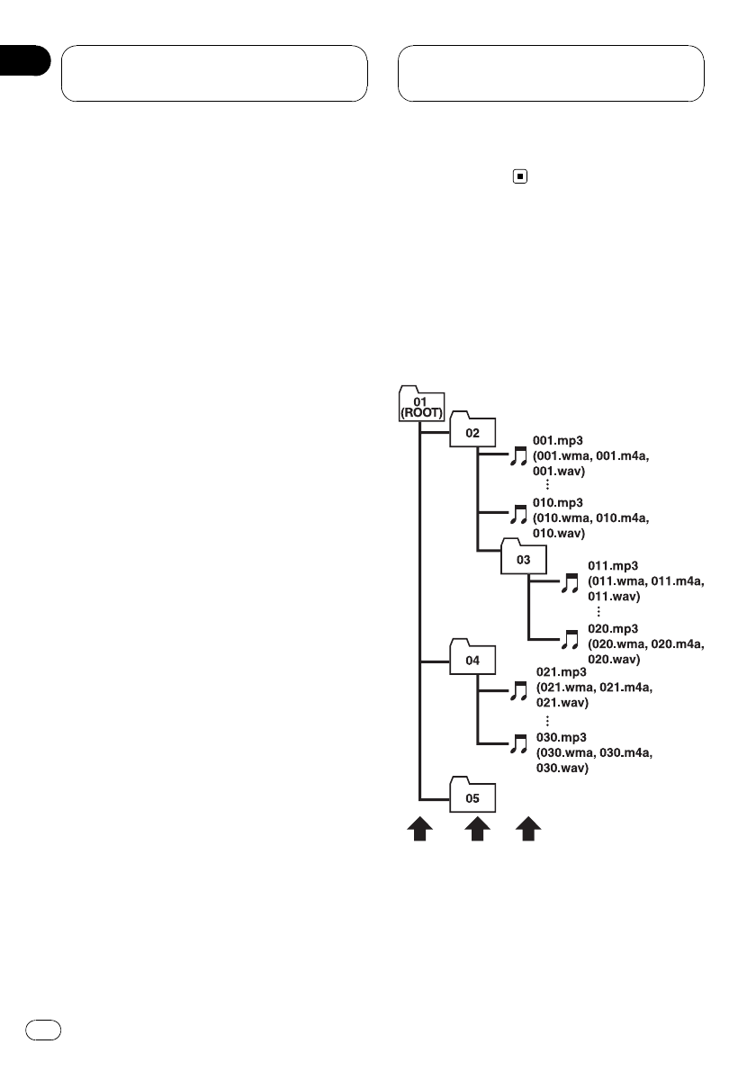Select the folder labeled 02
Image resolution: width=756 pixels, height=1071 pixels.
coord(472,431)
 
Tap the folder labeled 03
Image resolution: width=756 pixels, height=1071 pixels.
coord(524,558)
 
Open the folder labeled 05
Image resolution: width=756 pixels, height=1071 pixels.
coord(472,796)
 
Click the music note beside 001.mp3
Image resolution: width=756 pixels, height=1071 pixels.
coord(517,457)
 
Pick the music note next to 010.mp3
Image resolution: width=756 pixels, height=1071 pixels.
coord(517,514)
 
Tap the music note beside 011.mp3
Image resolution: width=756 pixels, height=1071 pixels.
coord(569,582)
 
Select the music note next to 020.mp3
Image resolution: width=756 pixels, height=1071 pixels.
coord(569,640)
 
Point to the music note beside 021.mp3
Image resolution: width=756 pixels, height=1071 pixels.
coord(517,690)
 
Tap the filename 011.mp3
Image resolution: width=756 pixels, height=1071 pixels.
coord(613,566)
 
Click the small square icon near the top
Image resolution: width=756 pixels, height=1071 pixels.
coord(518,177)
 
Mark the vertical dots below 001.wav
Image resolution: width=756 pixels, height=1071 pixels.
coord(547,484)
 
